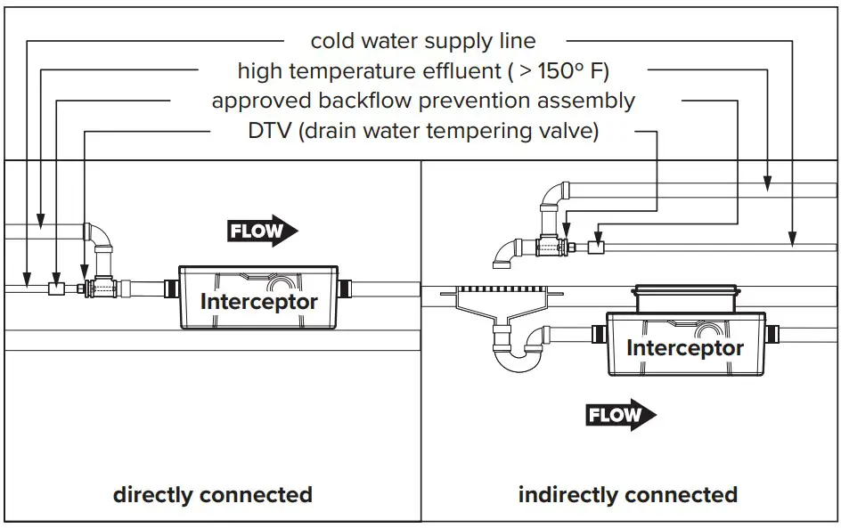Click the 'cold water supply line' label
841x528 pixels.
coord(423,41)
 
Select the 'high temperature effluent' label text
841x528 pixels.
coord(423,70)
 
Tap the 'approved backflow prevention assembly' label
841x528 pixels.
coord(423,101)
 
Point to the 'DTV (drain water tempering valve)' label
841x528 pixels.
coord(423,132)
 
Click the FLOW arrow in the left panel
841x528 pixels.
coord(263,232)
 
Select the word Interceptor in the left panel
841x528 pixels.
coord(258,302)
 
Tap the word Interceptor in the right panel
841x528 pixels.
coord(684,347)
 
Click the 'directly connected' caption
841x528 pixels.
coord(212,494)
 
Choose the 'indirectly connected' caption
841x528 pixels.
coord(627,494)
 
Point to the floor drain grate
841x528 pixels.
coord(499,292)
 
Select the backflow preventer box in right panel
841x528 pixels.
coord(597,246)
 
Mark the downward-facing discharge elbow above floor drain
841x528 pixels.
coord(504,253)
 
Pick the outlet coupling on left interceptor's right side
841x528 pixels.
coord(347,288)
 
